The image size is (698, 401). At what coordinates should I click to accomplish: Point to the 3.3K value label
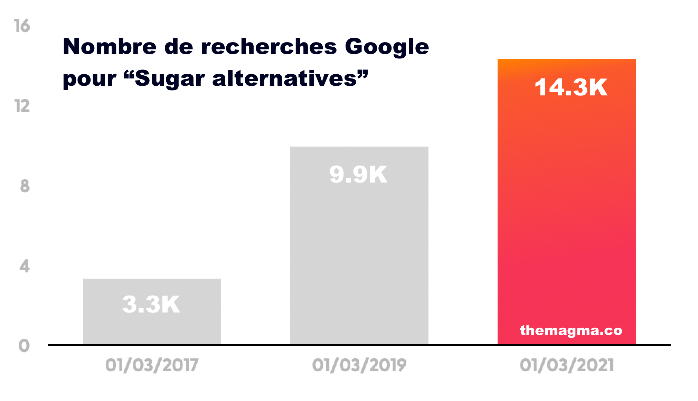(151, 305)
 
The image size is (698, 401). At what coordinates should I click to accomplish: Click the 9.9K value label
(358, 174)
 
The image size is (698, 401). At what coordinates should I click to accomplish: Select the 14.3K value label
(571, 87)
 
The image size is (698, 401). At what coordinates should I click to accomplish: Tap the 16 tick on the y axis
(22, 26)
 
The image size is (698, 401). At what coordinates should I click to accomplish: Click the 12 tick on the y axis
(22, 106)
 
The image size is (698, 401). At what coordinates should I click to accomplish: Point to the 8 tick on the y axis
(25, 186)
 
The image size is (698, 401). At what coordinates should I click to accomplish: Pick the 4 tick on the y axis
(24, 267)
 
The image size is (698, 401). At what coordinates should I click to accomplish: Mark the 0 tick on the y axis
(24, 346)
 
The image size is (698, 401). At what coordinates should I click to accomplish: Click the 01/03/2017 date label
(152, 365)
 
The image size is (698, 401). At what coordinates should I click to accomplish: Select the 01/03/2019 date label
(359, 365)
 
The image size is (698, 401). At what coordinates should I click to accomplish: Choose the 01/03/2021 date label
(567, 365)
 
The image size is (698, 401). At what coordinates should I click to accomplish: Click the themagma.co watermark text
(571, 330)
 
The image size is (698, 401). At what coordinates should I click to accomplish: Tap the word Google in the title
(387, 47)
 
